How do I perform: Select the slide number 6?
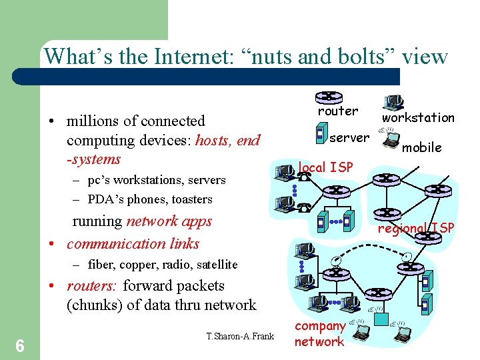[x=20, y=345]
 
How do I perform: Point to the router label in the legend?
[x=338, y=111]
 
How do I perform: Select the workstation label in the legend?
[x=418, y=118]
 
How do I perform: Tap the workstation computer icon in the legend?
[x=393, y=102]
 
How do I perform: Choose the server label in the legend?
[x=349, y=138]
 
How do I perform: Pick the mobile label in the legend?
[x=422, y=147]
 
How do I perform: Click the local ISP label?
[x=325, y=167]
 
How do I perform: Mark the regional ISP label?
[x=416, y=229]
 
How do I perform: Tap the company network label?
[x=320, y=334]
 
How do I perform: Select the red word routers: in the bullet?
[x=92, y=286]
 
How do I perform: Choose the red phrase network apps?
[x=169, y=221]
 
